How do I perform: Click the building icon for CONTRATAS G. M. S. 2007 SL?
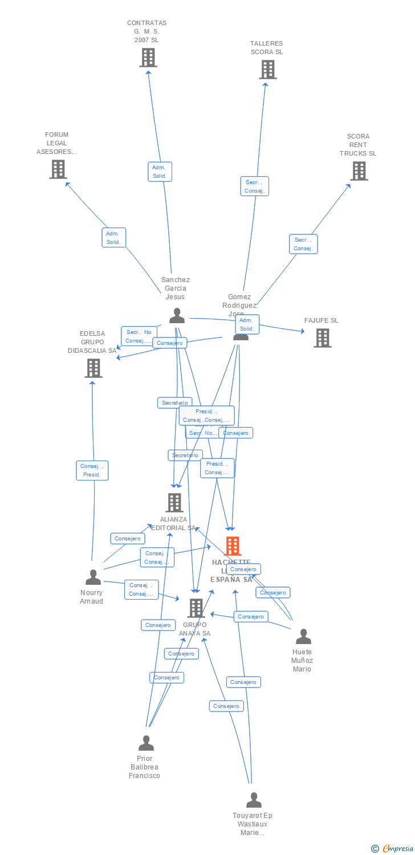coord(148,58)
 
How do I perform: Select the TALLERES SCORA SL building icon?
coord(267,70)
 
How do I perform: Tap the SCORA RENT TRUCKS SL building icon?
coord(359,170)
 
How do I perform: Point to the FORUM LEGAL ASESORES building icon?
coord(58,169)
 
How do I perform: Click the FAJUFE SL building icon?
coord(322,338)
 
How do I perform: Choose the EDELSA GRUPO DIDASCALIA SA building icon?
coord(93,368)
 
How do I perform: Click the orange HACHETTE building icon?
coord(233,546)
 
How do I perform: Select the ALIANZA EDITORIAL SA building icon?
coord(174,503)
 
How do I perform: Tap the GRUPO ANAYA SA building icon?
coord(196,608)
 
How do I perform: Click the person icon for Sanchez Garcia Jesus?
coord(177,316)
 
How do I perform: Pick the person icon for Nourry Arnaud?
coord(92,577)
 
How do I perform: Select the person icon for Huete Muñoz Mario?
coord(303,637)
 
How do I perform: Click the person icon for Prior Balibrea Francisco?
coord(146,743)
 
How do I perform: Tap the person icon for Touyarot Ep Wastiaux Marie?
coord(254,800)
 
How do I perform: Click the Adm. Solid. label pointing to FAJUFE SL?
coord(247,324)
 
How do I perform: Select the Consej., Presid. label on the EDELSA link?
coord(92,470)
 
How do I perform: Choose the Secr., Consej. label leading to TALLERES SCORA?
coord(254,186)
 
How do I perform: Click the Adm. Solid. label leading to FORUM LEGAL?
coord(113,238)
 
